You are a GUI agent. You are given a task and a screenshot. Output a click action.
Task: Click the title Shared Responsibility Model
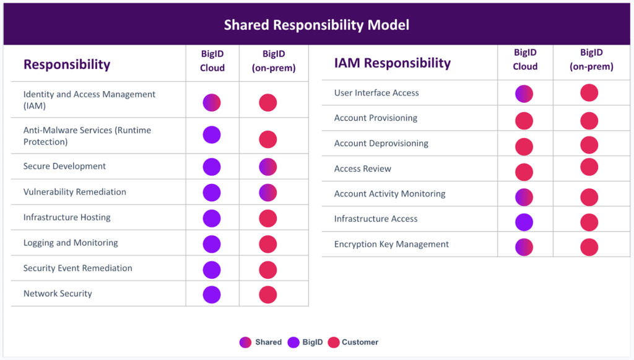click(316, 25)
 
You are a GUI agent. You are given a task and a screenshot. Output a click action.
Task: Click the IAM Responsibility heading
click(392, 63)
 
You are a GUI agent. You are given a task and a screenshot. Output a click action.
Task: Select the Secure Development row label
click(64, 166)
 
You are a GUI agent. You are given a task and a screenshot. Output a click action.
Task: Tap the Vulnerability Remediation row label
click(74, 191)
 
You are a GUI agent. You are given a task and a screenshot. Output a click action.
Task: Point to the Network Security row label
click(58, 293)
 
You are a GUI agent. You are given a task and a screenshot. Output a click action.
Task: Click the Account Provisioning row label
click(375, 118)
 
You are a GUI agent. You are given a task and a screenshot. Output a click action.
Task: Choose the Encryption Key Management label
click(391, 244)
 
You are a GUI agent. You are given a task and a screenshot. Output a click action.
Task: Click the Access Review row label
click(362, 169)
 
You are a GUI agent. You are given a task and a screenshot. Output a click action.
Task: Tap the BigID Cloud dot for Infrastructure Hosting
click(212, 218)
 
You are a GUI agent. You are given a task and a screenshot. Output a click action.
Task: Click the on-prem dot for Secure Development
click(267, 167)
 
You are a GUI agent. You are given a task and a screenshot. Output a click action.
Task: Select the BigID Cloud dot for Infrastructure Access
click(524, 222)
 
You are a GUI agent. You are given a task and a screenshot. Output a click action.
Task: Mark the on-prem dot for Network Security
click(267, 294)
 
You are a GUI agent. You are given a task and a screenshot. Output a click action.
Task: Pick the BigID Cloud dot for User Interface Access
click(524, 94)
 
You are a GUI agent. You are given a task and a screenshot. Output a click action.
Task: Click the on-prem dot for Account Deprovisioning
click(589, 145)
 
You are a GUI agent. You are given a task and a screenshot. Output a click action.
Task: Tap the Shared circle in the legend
click(246, 342)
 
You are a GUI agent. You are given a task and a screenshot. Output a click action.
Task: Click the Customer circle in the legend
click(333, 342)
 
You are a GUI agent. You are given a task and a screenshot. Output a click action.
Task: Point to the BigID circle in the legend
click(293, 342)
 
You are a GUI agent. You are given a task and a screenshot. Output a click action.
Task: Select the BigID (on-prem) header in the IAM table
click(591, 59)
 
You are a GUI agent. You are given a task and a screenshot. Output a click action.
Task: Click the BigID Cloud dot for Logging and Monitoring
click(212, 244)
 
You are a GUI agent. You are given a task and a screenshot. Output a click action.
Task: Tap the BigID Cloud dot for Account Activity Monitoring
click(524, 197)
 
